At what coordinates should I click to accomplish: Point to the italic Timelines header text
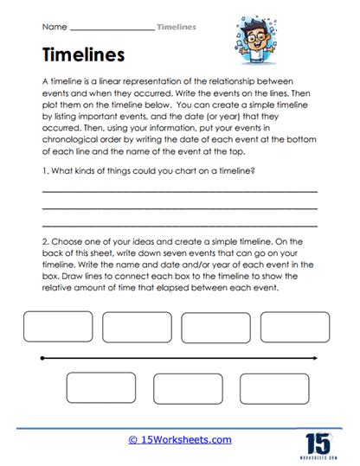[x=177, y=26]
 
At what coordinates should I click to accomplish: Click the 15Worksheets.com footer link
[x=180, y=439]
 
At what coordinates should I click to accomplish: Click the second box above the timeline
[x=137, y=327]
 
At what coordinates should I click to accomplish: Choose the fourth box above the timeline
[x=295, y=327]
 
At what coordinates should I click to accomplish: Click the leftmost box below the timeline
[x=101, y=389]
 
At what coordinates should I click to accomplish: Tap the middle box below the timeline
[x=188, y=389]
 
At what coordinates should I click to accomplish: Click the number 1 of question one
[x=43, y=171]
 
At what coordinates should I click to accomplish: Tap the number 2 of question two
[x=43, y=245]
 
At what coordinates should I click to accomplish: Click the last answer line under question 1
[x=179, y=225]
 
